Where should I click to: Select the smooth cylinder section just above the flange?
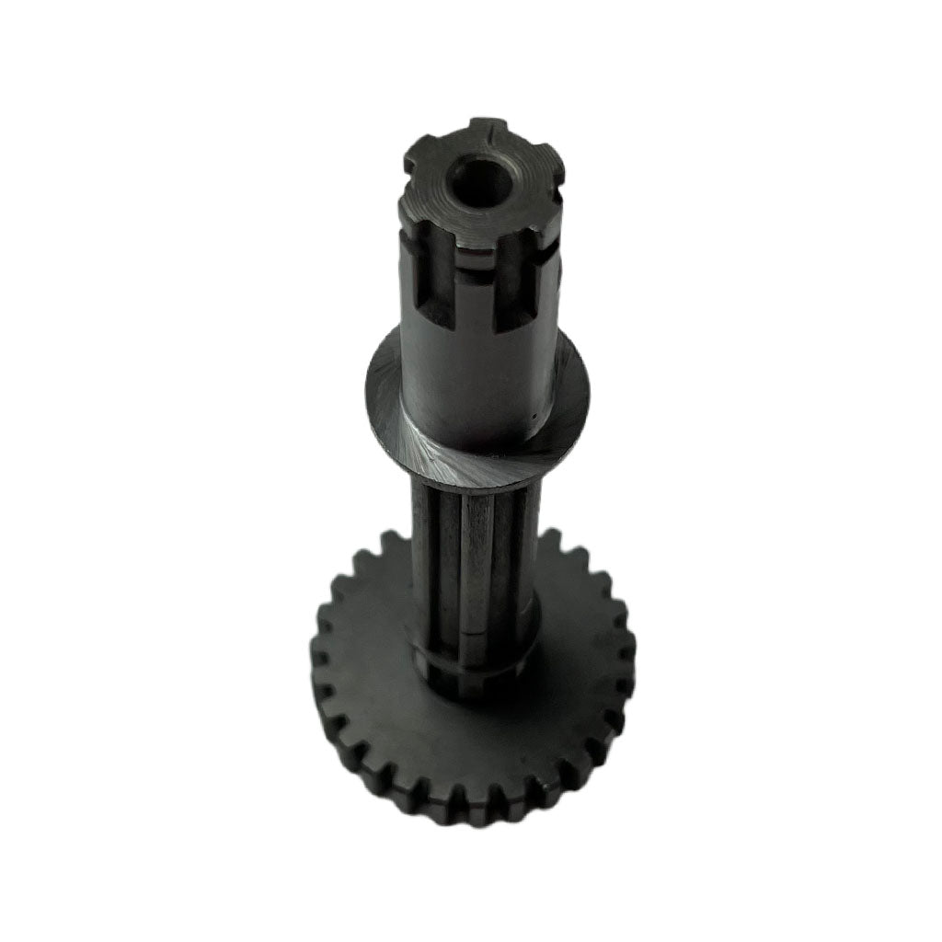478,386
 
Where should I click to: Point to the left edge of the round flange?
370,386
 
